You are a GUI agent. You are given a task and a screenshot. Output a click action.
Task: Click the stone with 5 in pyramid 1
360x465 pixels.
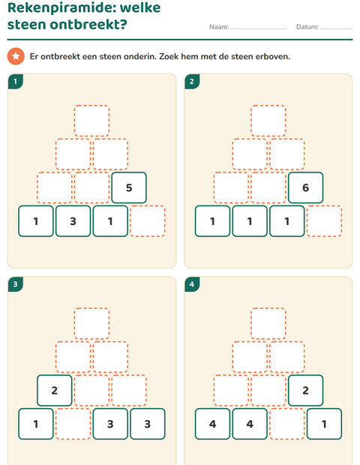[129, 187]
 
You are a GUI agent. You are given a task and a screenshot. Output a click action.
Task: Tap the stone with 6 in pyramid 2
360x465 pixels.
[306, 187]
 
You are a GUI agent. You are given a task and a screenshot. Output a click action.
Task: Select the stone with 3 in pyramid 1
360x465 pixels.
[73, 221]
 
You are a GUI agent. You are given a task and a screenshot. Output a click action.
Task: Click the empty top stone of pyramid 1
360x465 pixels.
[91, 121]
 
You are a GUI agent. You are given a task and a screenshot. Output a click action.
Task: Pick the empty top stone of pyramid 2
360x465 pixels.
[268, 121]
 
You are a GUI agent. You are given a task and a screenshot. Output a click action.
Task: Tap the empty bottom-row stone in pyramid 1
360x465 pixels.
[148, 221]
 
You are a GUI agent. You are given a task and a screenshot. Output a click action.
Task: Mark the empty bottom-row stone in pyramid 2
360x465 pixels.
[325, 221]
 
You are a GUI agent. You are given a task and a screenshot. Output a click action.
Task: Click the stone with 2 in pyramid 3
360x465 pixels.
[55, 391]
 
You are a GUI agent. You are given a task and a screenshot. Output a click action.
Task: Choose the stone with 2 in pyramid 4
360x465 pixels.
[306, 391]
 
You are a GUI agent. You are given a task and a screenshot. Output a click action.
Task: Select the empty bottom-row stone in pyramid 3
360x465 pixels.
[73, 424]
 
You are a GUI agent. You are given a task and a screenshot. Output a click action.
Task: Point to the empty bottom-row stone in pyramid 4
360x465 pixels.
[287, 424]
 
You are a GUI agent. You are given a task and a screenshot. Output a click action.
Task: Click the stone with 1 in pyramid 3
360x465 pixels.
[36, 424]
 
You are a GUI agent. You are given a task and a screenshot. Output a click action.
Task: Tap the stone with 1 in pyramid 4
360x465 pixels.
[325, 424]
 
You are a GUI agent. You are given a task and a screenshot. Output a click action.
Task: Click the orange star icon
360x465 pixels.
[16, 56]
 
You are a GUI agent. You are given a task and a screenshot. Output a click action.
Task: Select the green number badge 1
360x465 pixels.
[16, 82]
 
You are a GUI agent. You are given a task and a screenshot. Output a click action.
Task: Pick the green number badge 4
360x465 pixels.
[192, 284]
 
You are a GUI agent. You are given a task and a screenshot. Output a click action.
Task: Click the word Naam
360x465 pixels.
[218, 27]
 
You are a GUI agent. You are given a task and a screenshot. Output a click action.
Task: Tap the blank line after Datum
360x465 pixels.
[337, 28]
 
